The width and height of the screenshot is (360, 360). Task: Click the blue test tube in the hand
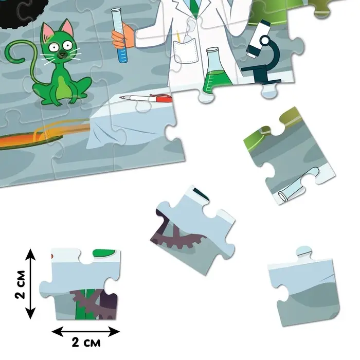[x=119, y=35]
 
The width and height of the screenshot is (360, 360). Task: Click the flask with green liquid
[x=216, y=70]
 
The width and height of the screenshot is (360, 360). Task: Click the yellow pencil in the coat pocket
[x=178, y=36]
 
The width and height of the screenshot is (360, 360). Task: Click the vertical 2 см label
[x=20, y=284]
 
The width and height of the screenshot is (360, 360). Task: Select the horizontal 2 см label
[x=86, y=343]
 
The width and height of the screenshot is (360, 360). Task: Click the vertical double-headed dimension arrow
[x=30, y=284]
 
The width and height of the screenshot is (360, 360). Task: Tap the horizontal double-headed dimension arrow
[x=85, y=332]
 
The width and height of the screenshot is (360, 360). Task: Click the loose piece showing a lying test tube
[x=290, y=156]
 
